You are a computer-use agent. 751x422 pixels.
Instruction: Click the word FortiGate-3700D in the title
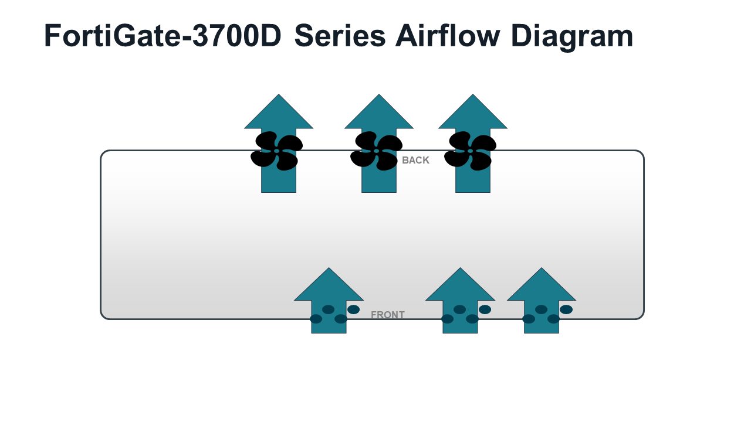coord(163,36)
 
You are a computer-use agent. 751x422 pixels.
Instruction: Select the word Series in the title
coord(340,36)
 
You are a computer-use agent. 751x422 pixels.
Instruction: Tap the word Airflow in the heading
coord(448,36)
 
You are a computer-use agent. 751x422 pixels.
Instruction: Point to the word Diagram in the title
coord(572,38)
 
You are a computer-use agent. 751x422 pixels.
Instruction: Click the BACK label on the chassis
coord(415,161)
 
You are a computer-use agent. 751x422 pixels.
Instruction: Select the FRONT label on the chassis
coord(388,315)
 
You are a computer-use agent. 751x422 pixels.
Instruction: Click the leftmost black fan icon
coord(276,151)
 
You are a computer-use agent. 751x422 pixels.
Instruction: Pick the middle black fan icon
coord(376,151)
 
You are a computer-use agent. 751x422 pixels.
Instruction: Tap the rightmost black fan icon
coord(470,151)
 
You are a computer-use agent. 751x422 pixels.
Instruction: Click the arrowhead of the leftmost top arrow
coord(279,114)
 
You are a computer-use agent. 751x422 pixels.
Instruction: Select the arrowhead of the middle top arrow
coord(379,114)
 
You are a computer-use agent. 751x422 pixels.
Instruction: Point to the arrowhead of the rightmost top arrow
coord(473,114)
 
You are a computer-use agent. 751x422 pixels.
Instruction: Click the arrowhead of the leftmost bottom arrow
coord(329,287)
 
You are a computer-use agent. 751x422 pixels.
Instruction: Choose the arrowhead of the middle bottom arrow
coord(461,287)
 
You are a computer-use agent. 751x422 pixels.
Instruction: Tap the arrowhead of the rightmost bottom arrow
coord(542,287)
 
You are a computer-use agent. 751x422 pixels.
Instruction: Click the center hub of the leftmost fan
coord(276,151)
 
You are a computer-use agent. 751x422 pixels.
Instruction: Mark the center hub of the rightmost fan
coord(470,151)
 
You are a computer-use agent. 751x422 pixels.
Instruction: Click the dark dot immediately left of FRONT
coord(353,309)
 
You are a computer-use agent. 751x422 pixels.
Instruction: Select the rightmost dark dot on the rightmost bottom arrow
coord(566,309)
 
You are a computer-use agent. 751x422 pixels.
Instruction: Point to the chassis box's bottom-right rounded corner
coord(641,316)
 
